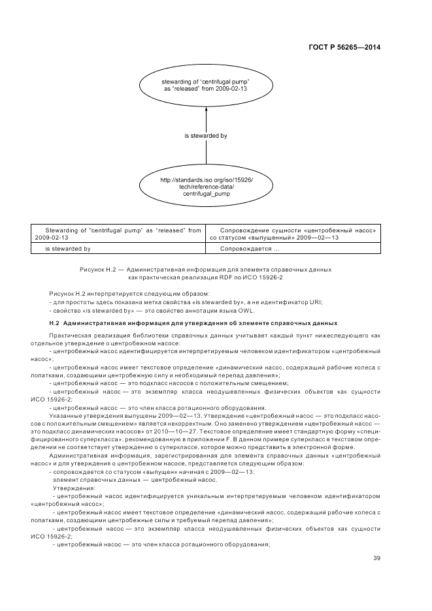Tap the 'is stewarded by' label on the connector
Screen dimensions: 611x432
pyautogui.click(x=206, y=136)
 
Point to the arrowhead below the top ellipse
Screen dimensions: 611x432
pyautogui.click(x=207, y=110)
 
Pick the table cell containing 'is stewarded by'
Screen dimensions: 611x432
pyautogui.click(x=67, y=249)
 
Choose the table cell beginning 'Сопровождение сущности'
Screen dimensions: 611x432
pyautogui.click(x=300, y=234)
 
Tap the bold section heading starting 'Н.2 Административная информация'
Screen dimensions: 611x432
pyautogui.click(x=193, y=323)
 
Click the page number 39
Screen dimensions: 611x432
pyautogui.click(x=376, y=557)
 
